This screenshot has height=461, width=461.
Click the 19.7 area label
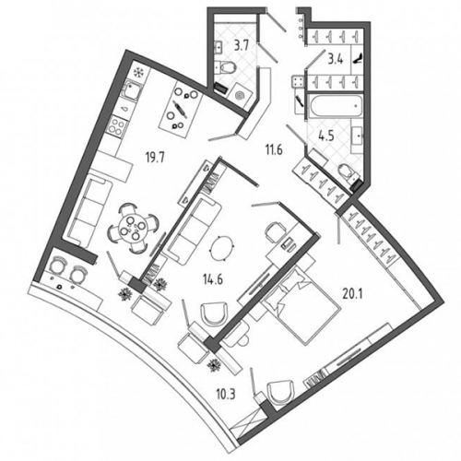coord(155,159)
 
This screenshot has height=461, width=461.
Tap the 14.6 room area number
coord(212,280)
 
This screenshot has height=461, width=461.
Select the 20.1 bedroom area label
coord(352,295)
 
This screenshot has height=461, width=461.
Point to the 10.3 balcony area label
coord(225,394)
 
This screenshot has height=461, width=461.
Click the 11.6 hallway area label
coord(274,150)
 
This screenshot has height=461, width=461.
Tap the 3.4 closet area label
coord(336,59)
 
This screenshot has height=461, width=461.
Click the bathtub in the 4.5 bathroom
coord(336,106)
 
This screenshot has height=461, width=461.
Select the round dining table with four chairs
coord(134,229)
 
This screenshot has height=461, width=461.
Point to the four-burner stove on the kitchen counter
coord(116,124)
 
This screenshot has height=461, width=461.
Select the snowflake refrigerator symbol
coord(139,73)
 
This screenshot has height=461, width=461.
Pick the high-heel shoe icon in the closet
coord(358,58)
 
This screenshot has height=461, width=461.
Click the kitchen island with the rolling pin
coord(181,108)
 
